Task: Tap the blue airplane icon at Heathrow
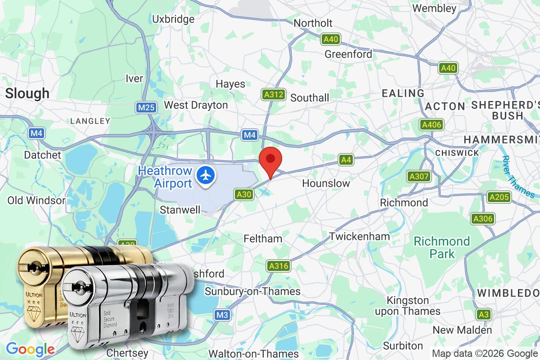tap(206, 174)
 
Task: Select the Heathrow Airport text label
tap(165, 177)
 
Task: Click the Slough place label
tap(27, 94)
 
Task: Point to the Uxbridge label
tap(173, 19)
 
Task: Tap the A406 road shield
tap(431, 125)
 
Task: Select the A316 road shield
tap(278, 266)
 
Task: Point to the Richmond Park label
tap(442, 247)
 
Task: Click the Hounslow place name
tap(326, 184)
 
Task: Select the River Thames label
tap(519, 177)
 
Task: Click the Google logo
tap(30, 349)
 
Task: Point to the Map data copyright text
tap(485, 353)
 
